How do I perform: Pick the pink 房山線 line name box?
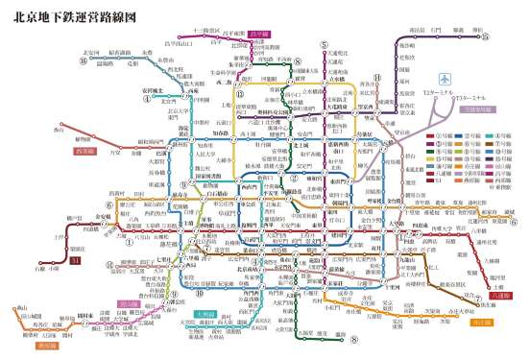128,304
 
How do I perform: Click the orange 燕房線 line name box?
48,345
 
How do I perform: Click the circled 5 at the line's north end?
325,45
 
